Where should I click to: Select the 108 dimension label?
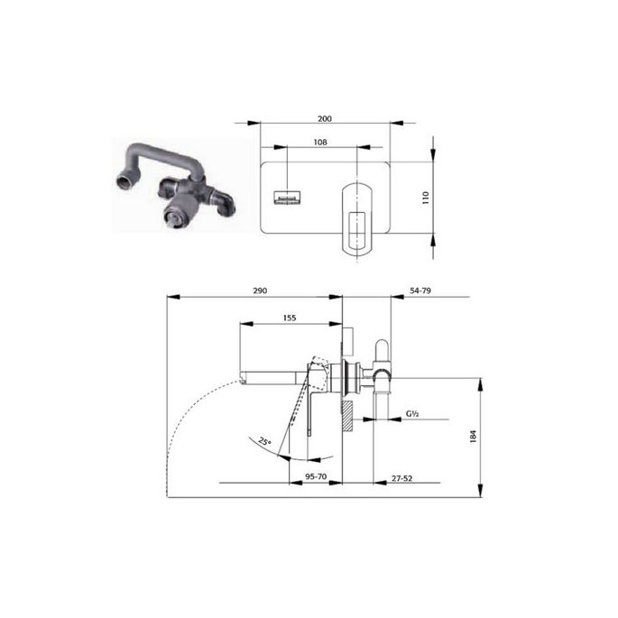click(319, 142)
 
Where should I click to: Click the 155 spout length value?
click(290, 318)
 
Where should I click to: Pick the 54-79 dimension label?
click(421, 291)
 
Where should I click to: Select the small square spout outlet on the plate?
click(287, 196)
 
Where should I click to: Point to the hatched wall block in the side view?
click(346, 416)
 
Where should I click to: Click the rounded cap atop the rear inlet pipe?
click(381, 346)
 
